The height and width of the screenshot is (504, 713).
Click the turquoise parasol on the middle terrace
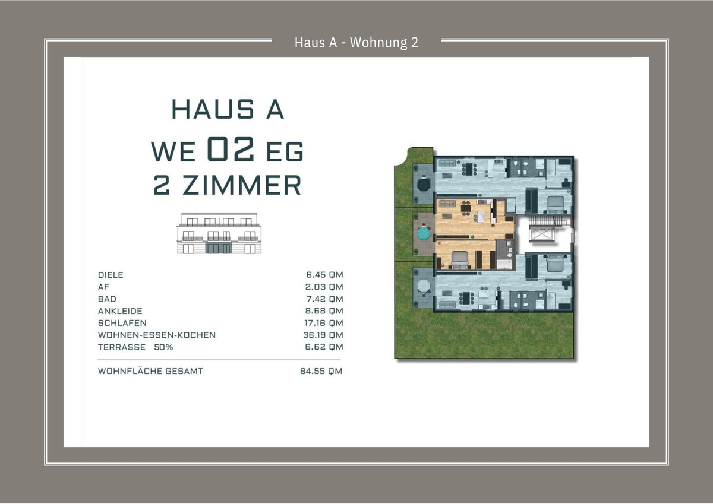[423, 233]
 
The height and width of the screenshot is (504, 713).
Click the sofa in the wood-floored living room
[447, 204]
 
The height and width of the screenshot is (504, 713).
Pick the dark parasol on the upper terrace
[424, 185]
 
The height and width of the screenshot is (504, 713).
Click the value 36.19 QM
[323, 335]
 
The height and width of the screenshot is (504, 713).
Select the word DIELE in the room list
[111, 275]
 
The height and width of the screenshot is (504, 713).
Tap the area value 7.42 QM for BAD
[324, 299]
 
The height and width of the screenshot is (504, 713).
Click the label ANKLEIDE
[120, 311]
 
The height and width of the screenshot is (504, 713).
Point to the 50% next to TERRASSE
[163, 347]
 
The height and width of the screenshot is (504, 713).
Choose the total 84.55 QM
[321, 371]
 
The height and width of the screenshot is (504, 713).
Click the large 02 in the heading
[231, 148]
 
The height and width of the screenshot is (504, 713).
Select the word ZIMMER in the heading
[242, 185]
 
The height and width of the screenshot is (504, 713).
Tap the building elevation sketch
[219, 234]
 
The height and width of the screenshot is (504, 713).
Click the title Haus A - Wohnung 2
[356, 43]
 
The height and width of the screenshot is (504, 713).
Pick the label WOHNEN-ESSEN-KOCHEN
[157, 335]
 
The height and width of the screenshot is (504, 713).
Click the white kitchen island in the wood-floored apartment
[481, 217]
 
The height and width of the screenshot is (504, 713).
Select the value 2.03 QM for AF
[324, 287]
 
